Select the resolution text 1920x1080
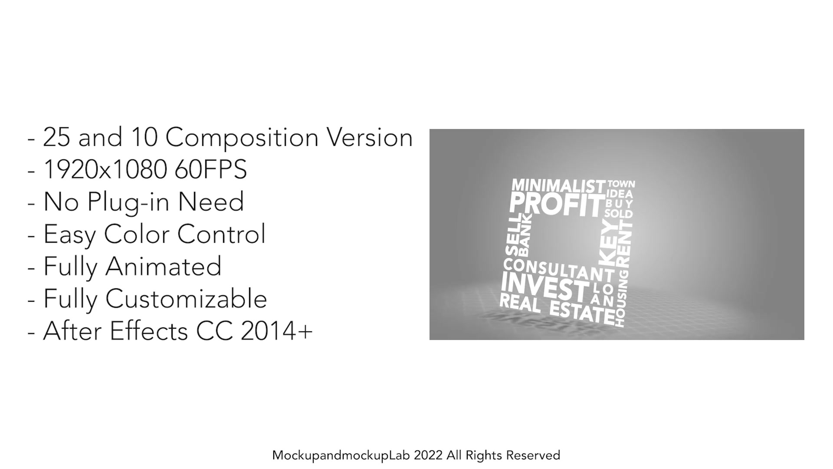(x=105, y=169)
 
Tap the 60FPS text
(x=211, y=169)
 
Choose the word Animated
(x=164, y=266)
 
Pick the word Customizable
(x=187, y=299)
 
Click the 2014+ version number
(x=276, y=331)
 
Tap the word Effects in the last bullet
(x=149, y=331)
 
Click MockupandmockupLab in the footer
(x=341, y=456)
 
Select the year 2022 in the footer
(x=428, y=455)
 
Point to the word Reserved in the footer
(x=533, y=455)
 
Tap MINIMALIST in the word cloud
(x=558, y=186)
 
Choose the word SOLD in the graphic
(x=619, y=214)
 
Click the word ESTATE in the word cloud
(x=582, y=312)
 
